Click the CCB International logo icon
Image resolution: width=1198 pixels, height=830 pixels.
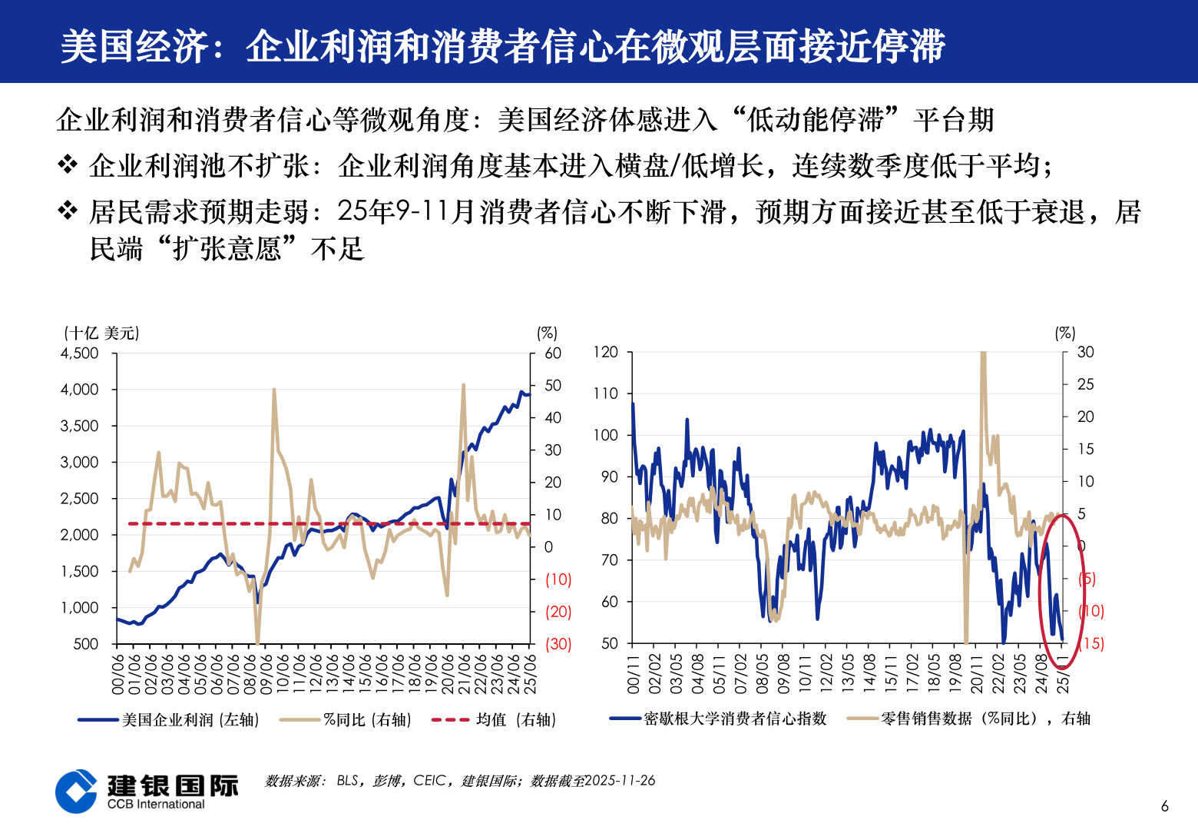pos(77,791)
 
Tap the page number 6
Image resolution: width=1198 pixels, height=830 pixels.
pos(1164,806)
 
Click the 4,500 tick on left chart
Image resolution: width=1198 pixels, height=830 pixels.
pos(80,354)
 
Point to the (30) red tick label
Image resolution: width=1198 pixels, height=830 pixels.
pos(558,644)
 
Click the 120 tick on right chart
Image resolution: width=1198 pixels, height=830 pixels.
pos(605,352)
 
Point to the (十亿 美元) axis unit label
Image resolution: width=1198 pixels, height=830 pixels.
pos(101,333)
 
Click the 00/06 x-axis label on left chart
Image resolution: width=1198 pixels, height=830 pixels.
pos(118,674)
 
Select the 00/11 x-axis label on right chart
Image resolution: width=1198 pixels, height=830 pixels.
pos(634,674)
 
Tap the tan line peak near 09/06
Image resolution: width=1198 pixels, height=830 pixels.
pos(274,390)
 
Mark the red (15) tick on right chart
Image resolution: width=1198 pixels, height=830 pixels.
pos(1091,643)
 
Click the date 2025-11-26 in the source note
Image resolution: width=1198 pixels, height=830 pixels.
pos(620,781)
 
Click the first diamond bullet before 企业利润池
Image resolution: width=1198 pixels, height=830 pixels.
pos(68,165)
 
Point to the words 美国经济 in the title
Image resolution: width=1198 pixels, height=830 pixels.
pos(134,46)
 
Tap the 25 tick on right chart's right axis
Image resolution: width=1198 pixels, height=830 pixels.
pos(1085,384)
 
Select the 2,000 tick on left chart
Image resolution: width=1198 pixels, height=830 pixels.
pos(80,535)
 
